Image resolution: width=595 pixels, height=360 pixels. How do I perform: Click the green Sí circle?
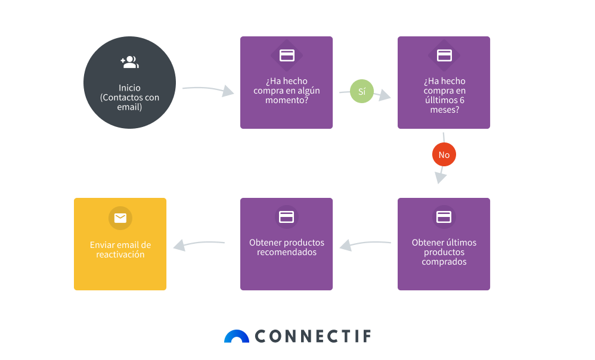point(362,91)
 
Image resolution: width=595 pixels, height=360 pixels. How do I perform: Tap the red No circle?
point(444,154)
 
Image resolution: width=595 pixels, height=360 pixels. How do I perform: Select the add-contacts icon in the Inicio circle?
point(130,62)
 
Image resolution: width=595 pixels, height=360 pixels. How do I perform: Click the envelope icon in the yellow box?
point(120,218)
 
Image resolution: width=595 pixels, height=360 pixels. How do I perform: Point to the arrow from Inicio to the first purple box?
point(208,90)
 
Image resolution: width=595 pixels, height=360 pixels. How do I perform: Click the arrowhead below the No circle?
point(440,177)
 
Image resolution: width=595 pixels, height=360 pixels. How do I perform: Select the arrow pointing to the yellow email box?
point(199,244)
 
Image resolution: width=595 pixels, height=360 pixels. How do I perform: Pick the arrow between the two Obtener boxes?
point(365,244)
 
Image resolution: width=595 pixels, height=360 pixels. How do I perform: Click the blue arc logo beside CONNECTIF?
point(237,337)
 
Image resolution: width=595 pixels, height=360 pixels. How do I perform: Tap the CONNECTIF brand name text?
point(313,336)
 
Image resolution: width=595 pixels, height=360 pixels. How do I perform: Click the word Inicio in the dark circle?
point(129,88)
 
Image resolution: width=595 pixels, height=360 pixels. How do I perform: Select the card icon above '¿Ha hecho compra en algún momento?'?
point(287,55)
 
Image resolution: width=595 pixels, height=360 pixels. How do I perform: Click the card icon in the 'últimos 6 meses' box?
point(444,55)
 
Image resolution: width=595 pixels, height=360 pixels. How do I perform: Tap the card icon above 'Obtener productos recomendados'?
point(287,217)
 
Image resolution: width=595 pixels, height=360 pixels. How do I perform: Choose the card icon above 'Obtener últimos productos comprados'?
point(444,217)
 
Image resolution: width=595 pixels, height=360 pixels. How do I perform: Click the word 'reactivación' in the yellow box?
point(120,255)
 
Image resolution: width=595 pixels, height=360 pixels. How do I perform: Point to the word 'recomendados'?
point(287,252)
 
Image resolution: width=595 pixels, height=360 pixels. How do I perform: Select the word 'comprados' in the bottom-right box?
point(444,262)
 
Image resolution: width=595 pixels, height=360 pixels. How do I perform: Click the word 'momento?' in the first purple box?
point(287,100)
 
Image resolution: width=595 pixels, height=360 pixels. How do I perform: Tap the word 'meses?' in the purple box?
point(444,110)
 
